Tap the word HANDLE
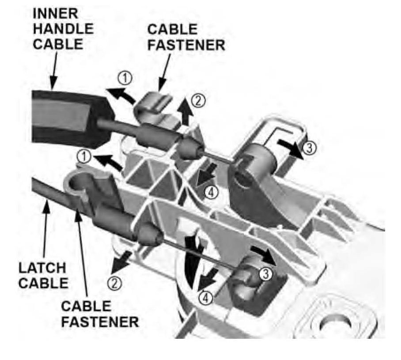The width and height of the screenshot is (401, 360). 64,29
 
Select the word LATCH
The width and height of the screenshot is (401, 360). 42,268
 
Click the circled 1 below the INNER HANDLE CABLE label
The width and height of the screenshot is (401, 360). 126,78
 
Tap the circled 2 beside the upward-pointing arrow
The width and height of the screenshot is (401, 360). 198,101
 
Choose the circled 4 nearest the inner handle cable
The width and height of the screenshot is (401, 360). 212,192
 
